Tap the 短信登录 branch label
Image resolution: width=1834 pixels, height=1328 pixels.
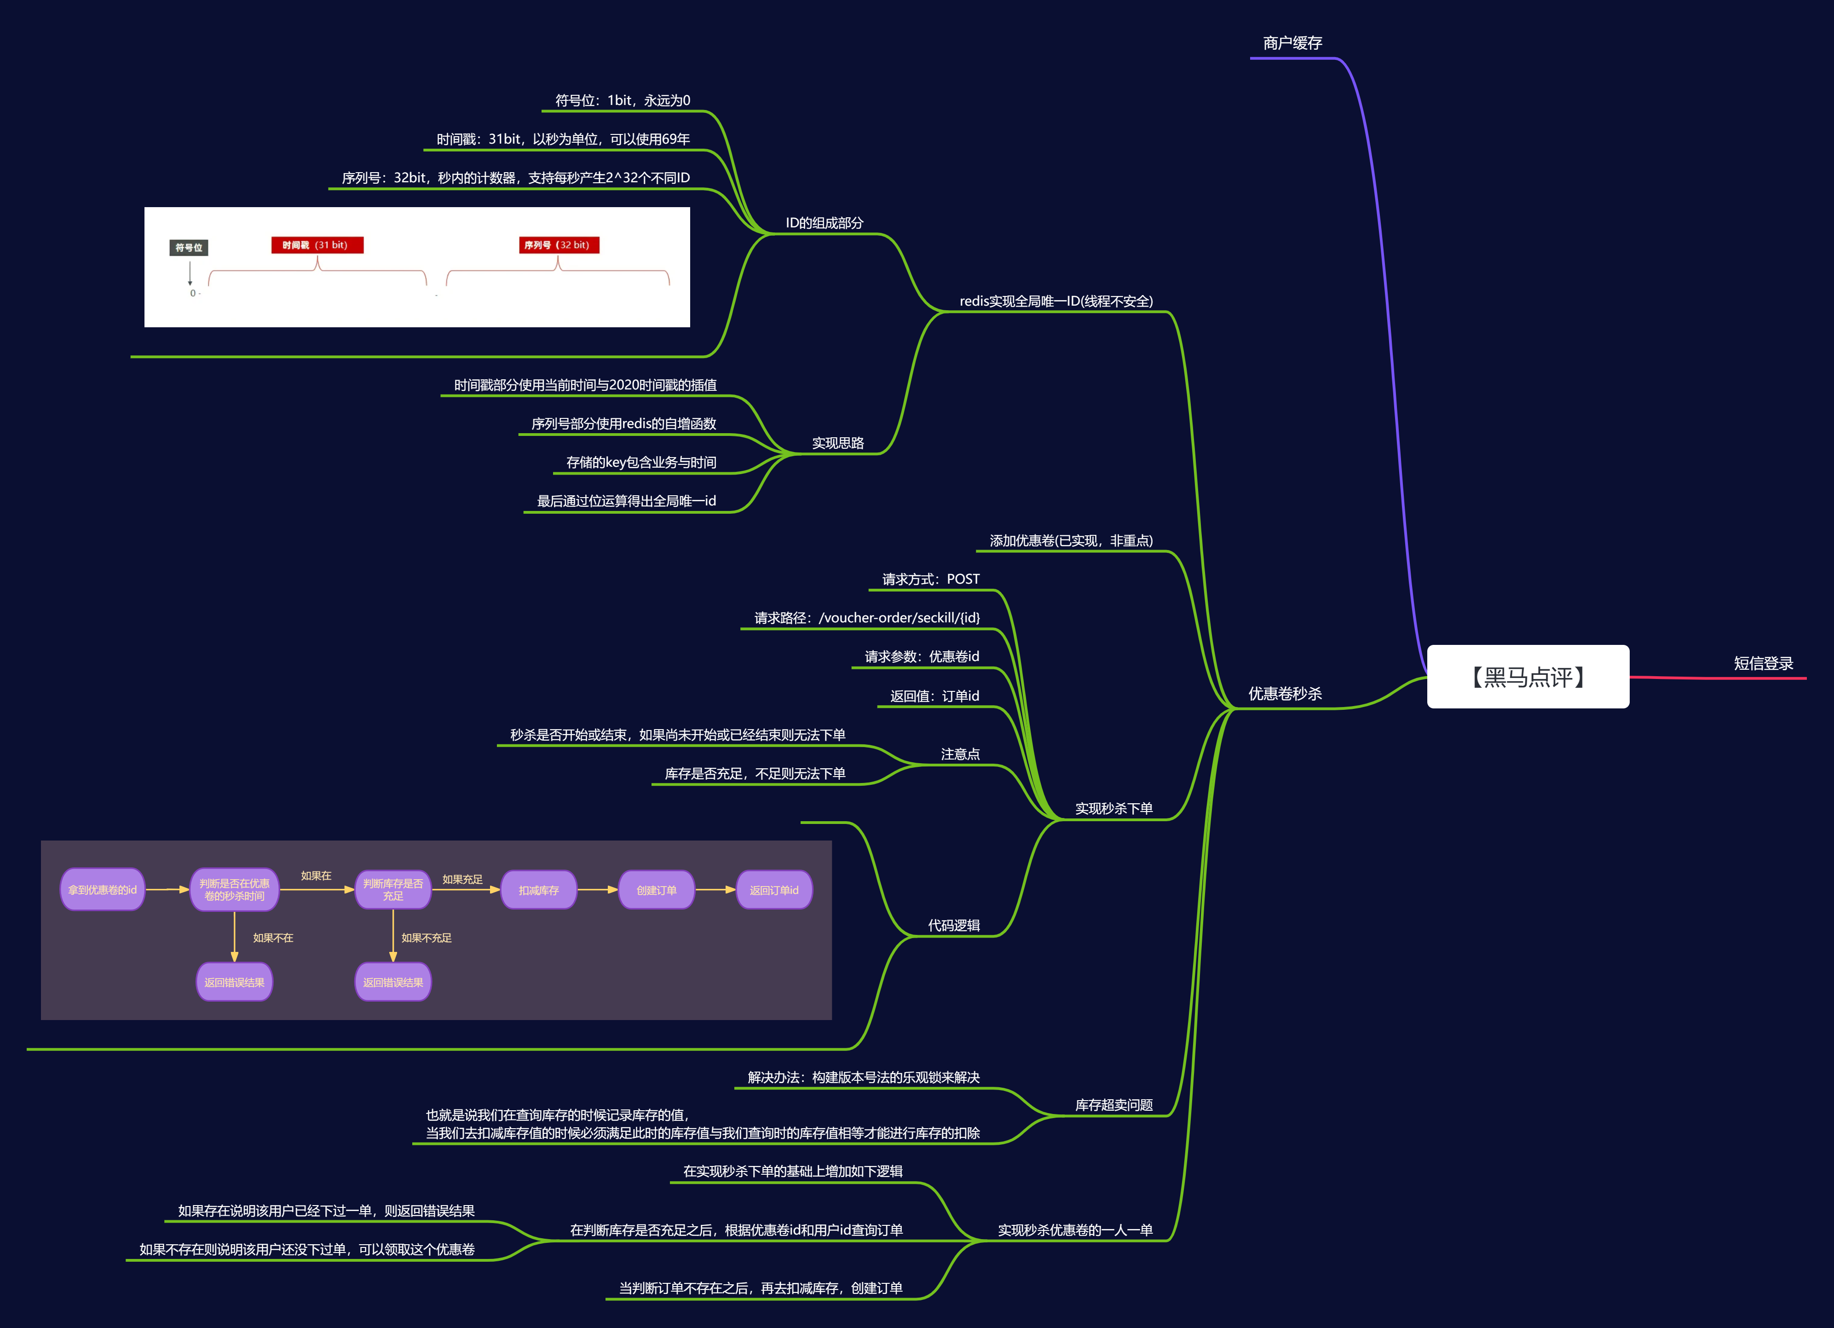(1763, 664)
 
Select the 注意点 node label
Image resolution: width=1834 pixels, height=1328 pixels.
(960, 754)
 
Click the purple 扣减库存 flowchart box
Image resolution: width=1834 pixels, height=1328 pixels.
(538, 890)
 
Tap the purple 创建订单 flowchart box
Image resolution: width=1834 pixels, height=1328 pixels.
(656, 890)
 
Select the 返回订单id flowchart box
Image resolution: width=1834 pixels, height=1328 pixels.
(774, 890)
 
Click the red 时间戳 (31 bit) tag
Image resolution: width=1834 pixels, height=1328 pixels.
(317, 245)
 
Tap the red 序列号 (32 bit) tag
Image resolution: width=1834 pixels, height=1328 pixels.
(559, 245)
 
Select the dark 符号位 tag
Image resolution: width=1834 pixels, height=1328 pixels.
(188, 248)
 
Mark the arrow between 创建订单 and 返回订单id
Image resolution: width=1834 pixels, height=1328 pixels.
(715, 890)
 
